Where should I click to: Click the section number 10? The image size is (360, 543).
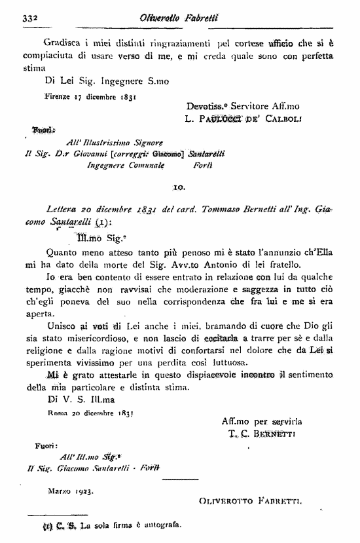click(x=180, y=188)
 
